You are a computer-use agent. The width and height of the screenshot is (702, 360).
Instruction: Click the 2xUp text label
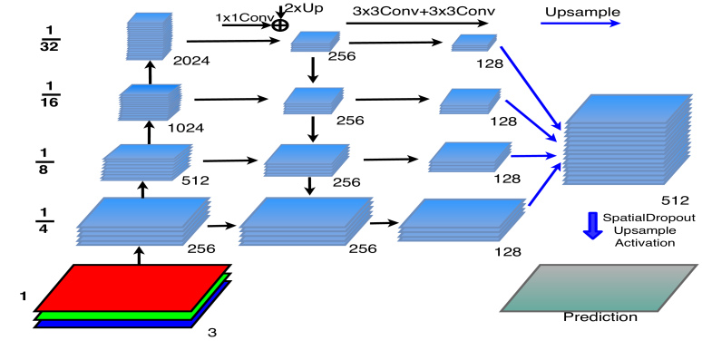click(307, 7)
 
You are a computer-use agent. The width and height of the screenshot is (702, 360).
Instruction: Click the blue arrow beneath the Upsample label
click(580, 24)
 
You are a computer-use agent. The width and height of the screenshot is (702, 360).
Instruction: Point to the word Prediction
click(600, 316)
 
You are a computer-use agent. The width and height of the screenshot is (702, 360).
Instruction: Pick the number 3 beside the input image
click(212, 333)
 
